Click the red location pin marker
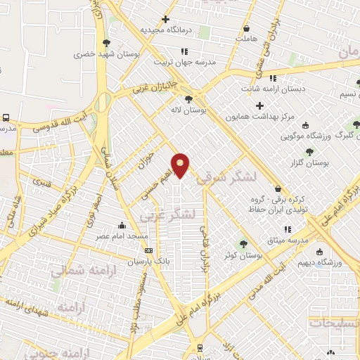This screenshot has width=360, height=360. (181, 165)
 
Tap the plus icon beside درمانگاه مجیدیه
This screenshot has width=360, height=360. (166, 19)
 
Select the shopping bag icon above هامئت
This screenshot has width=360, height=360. (246, 29)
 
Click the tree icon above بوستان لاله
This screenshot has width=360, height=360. (188, 99)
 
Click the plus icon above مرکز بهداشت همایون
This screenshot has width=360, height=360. (259, 105)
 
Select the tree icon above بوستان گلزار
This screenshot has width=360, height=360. (309, 151)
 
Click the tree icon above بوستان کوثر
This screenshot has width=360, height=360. (243, 243)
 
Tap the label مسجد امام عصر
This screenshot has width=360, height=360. (122, 236)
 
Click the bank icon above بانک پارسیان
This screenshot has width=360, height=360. (147, 250)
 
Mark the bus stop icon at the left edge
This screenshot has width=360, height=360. (6, 118)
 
